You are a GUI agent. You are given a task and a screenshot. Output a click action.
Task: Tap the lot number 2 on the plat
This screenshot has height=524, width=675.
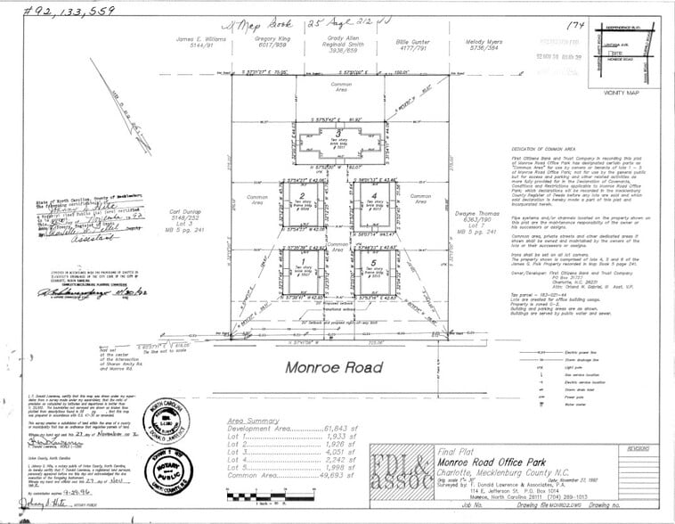303,196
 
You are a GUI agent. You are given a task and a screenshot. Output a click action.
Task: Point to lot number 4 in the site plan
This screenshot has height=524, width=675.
375,196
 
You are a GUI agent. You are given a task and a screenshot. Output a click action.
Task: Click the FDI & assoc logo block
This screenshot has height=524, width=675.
401,470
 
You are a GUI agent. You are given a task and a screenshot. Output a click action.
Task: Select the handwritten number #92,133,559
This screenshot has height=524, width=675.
58,12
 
